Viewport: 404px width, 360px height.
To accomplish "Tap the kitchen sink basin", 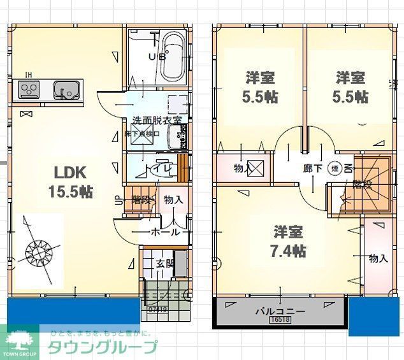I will (x=65, y=90).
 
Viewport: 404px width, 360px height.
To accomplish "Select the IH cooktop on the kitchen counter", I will (x=29, y=90).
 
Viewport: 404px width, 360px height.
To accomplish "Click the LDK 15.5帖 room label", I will (x=73, y=181).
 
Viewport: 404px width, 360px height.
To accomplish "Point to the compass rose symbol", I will (x=38, y=250).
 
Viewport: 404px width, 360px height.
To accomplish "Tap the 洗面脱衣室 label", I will (x=157, y=120).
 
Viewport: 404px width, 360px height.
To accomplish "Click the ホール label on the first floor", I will (x=165, y=233).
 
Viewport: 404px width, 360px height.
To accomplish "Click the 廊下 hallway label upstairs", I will (x=312, y=169).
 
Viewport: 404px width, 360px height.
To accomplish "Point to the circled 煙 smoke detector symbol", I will (x=333, y=169).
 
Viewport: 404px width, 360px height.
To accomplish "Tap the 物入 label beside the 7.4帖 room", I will (x=379, y=258).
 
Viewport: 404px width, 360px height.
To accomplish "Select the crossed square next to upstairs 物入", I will (x=256, y=169).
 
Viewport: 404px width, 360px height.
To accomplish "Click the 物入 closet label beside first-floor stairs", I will (x=173, y=200).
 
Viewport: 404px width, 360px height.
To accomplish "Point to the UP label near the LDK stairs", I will (x=119, y=199).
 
